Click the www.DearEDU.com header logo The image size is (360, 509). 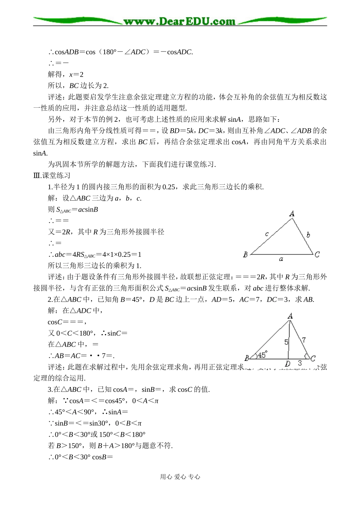tap(180, 21)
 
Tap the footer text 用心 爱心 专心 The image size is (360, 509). tap(180, 477)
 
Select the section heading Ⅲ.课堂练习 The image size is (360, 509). tap(52, 176)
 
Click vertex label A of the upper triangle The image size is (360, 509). tap(292, 214)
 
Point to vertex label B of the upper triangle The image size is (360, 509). tap(245, 254)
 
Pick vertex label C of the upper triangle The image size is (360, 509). tap(317, 254)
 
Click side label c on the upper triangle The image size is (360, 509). tap(267, 234)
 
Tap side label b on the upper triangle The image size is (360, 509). tap(308, 235)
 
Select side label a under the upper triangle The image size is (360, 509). tap(281, 259)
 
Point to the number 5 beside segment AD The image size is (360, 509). tap(286, 342)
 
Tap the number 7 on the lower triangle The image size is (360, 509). tap(304, 340)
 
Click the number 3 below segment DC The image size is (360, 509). tap(300, 363)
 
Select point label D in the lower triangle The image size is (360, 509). tap(288, 364)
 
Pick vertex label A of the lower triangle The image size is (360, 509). tap(290, 316)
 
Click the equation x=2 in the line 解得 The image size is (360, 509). tap(76, 75)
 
